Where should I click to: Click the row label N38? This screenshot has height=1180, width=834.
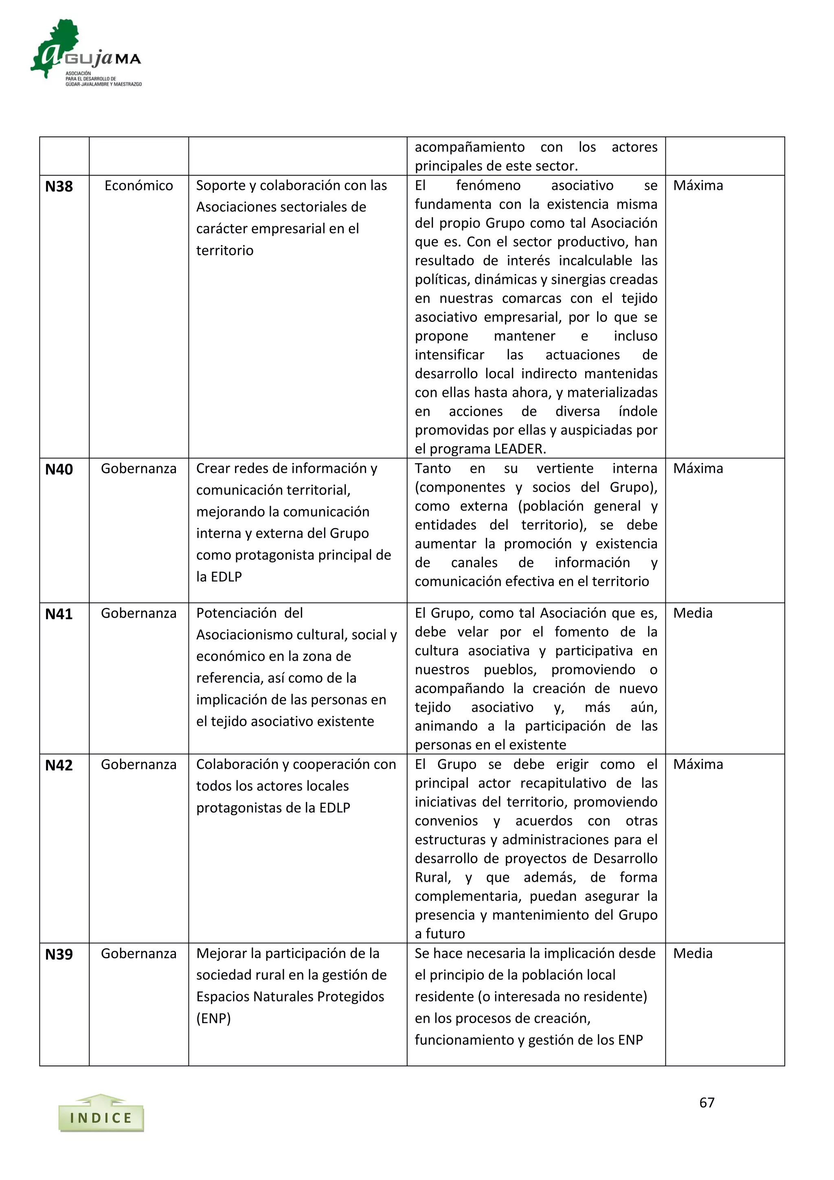tap(59, 187)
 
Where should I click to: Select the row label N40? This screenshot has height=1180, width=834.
tap(59, 470)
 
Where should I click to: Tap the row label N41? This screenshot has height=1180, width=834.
tap(59, 614)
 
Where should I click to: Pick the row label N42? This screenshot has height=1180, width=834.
tap(59, 765)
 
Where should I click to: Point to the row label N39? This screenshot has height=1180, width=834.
tap(59, 954)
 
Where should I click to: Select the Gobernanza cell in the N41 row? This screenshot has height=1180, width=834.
tap(138, 613)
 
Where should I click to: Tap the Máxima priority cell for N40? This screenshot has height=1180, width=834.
tap(698, 469)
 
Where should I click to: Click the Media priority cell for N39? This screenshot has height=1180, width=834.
tap(693, 953)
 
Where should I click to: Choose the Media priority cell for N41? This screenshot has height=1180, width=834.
tap(693, 613)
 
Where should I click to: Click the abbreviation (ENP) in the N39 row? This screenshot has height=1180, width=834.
tap(214, 1018)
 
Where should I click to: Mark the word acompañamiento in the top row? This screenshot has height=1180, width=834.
tap(470, 147)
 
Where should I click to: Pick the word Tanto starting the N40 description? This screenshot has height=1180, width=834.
tap(432, 469)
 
